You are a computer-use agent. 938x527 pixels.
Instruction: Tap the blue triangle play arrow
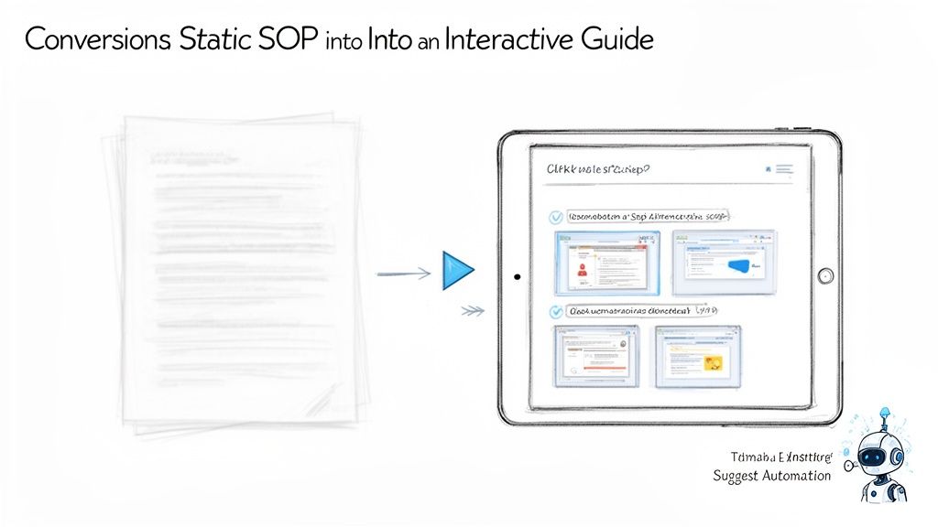pyautogui.click(x=457, y=270)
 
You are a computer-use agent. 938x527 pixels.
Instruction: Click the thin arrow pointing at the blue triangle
pyautogui.click(x=403, y=272)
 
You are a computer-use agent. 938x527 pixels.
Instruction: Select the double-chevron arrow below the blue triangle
pyautogui.click(x=472, y=311)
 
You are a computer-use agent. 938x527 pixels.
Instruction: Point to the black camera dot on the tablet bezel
pyautogui.click(x=518, y=275)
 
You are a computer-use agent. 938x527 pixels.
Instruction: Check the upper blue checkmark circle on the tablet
pyautogui.click(x=555, y=218)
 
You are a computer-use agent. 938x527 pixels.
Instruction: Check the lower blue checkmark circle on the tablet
pyautogui.click(x=555, y=312)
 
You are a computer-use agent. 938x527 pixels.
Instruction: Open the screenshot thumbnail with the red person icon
pyautogui.click(x=605, y=263)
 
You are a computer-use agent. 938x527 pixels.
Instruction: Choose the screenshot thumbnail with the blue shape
pyautogui.click(x=724, y=263)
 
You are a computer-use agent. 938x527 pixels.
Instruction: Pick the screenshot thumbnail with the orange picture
pyautogui.click(x=698, y=357)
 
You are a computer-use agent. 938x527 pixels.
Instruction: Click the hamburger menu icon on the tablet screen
pyautogui.click(x=784, y=169)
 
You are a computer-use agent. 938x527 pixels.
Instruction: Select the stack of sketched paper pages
pyautogui.click(x=240, y=272)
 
